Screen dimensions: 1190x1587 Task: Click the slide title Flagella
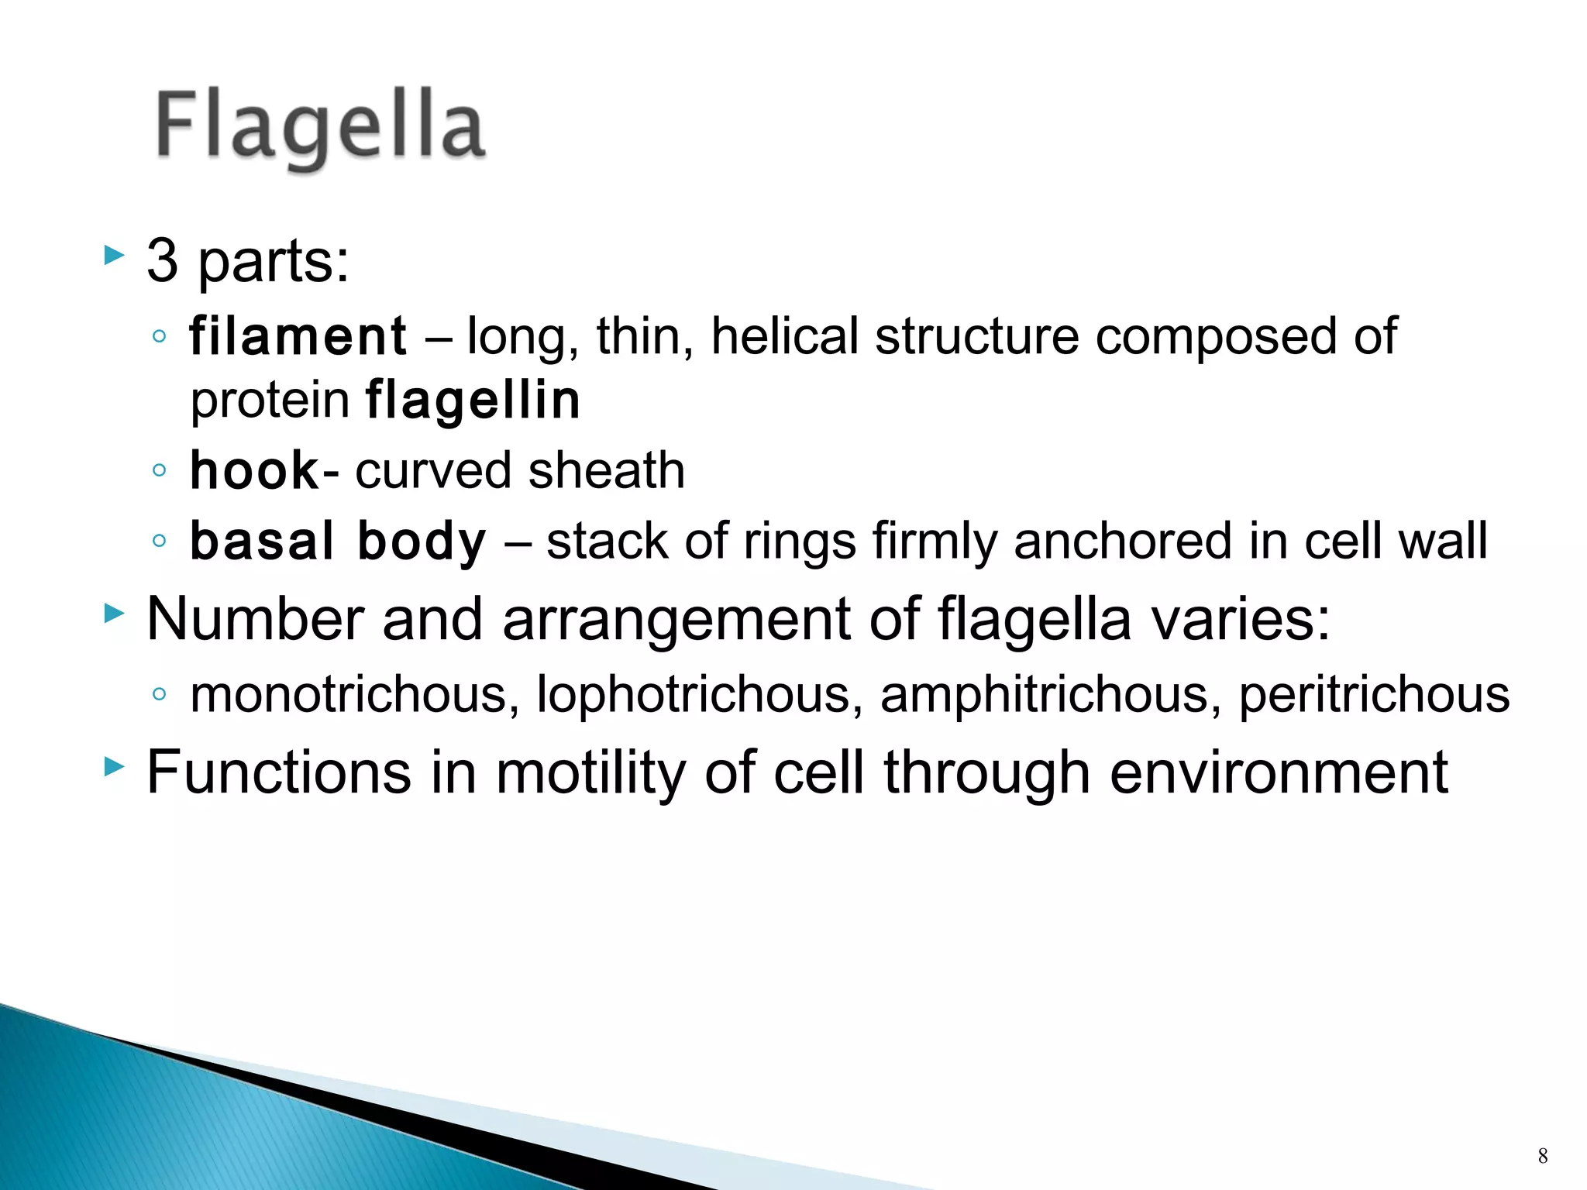tap(320, 126)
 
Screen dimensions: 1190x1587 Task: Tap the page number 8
tap(1542, 1156)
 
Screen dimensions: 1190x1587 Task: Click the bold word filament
tap(298, 336)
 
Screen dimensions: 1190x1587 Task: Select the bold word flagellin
tap(472, 401)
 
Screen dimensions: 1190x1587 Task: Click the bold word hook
tap(253, 470)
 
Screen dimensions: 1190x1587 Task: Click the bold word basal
tap(261, 541)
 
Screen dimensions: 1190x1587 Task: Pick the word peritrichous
tap(1374, 694)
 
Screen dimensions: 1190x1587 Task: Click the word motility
tap(590, 772)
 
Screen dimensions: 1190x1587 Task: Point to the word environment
tap(1279, 772)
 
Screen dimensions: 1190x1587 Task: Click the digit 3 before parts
tap(163, 261)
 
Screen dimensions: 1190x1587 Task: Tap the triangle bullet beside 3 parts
tap(113, 256)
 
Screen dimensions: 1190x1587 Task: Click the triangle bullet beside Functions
tap(113, 767)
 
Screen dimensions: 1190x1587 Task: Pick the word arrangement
tap(676, 619)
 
